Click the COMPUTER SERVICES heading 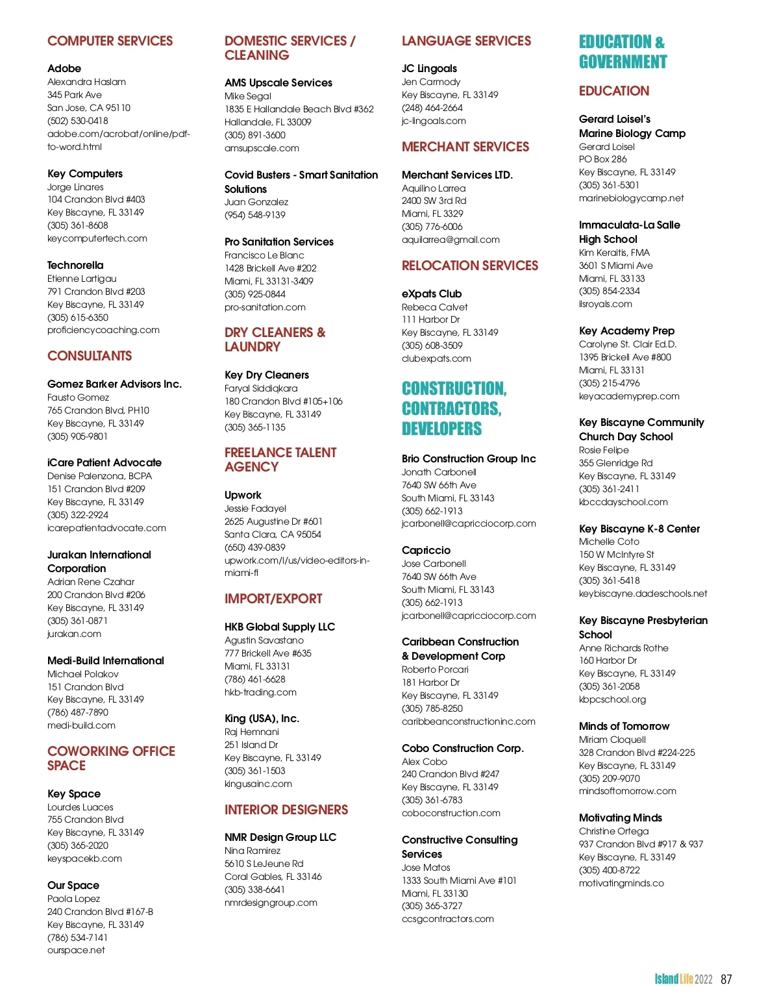pos(110,41)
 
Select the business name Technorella pos(75,265)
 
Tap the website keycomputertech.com pos(97,238)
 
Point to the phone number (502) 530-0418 pos(78,121)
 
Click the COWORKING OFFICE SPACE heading pos(111,758)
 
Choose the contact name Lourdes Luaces pos(80,807)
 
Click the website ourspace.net pos(76,950)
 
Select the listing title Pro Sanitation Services pos(279,242)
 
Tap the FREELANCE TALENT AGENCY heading pos(280,460)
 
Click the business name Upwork pos(243,495)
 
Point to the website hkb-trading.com pos(260,692)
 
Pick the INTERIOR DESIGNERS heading pos(286,810)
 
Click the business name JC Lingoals pos(429,68)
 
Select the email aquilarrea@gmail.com pos(451,240)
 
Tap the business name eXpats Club pos(432,294)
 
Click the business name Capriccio pos(426,550)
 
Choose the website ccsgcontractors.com pos(448,919)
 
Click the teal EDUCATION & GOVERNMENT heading pos(623,52)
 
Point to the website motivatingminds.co pos(621,883)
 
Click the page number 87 pos(726,979)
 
